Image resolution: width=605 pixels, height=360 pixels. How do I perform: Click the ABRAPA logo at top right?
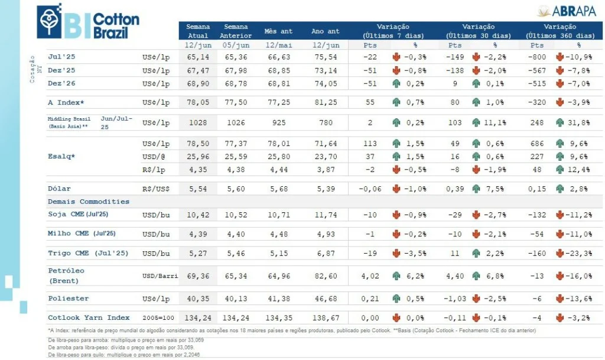[569, 11]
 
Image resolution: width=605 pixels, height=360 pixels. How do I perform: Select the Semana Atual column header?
[198, 31]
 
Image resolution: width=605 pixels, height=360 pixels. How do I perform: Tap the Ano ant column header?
[326, 31]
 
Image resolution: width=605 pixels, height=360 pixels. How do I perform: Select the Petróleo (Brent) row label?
[66, 275]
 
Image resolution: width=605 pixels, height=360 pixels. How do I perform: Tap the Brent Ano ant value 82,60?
[326, 275]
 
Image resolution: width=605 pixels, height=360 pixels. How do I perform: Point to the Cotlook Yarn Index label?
[88, 317]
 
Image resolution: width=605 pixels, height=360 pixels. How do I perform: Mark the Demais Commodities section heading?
[88, 202]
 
